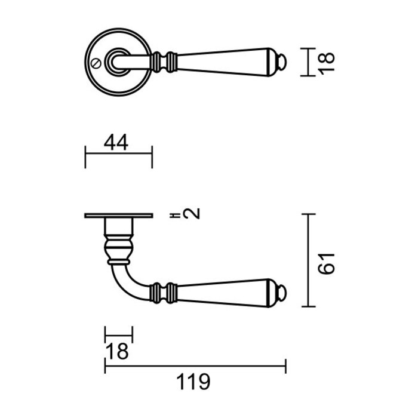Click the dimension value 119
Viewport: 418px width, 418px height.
pyautogui.click(x=193, y=382)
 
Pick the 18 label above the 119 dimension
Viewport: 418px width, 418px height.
pyautogui.click(x=118, y=352)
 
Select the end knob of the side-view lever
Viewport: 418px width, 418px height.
pyautogui.click(x=282, y=293)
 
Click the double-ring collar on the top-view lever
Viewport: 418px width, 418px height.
pyautogui.click(x=164, y=62)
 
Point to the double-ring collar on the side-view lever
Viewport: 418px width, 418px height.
pyautogui.click(x=164, y=291)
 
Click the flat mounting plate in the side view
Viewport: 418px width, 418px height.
pyautogui.click(x=119, y=216)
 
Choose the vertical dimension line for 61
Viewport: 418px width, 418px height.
pyautogui.click(x=308, y=260)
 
